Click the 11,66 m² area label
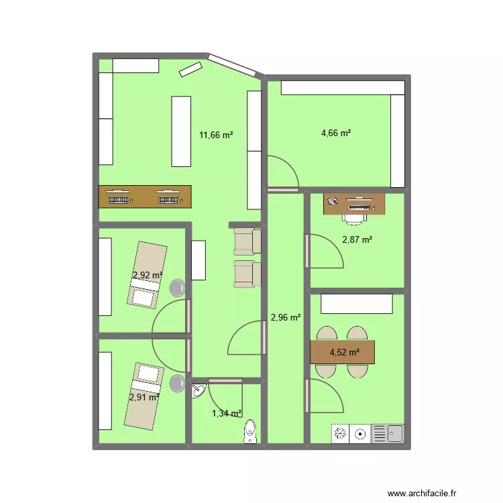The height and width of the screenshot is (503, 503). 216,135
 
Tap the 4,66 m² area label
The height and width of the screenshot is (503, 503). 336,133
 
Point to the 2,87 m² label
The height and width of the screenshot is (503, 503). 357,239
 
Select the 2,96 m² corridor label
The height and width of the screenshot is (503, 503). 286,317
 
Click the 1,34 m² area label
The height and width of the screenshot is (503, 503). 227,413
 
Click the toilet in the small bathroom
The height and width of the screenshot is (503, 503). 250,431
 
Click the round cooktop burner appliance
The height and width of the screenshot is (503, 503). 360,434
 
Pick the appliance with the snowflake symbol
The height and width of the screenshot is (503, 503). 340,434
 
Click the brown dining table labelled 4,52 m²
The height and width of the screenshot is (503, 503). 342,352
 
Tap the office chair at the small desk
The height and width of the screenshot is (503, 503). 354,218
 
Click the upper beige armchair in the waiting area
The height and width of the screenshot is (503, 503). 247,241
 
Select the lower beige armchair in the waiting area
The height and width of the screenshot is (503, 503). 247,274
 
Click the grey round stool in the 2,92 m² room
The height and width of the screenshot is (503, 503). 178,288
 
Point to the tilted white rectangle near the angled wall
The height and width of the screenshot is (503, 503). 190,70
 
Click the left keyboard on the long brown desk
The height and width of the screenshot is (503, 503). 118,200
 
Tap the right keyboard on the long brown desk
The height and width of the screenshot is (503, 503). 168,200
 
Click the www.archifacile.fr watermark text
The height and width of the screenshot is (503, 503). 422,494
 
